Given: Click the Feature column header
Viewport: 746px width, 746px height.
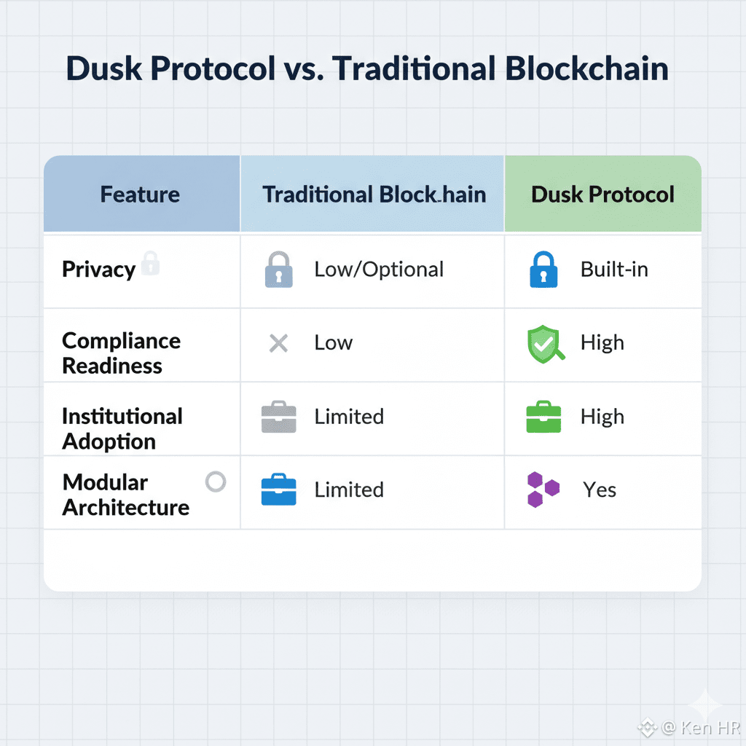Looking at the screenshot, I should point(140,195).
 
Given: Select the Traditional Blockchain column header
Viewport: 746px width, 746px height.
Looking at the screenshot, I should point(374,195).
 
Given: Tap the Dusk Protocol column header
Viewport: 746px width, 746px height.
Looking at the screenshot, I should point(602,195).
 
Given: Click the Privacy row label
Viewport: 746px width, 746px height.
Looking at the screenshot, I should point(98,270).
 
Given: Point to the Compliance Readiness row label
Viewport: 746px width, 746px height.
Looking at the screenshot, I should point(121,353).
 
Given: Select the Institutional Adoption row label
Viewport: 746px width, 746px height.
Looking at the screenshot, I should point(122,428).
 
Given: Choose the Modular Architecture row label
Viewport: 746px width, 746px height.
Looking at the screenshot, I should point(125,495).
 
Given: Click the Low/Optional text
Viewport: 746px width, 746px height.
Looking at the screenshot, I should point(379,270).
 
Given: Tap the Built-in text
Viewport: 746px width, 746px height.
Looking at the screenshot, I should point(614,270).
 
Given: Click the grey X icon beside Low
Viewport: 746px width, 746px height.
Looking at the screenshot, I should point(278,343).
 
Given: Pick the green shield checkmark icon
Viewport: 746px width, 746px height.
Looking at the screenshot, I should point(543,344).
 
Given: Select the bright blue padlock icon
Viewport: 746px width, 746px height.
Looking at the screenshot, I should point(543,270).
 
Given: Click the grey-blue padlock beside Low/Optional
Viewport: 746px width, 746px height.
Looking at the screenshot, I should point(278,270).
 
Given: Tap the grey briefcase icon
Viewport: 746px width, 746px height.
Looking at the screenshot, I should point(278,417).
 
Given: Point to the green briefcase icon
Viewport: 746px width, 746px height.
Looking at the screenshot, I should point(543,417).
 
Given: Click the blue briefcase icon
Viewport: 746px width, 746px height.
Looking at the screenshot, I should point(278,490).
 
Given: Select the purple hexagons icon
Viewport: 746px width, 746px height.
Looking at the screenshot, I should point(543,490).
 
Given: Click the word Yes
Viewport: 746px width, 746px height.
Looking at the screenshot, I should point(600,490).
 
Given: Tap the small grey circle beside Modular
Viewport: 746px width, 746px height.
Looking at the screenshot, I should point(216,482).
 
